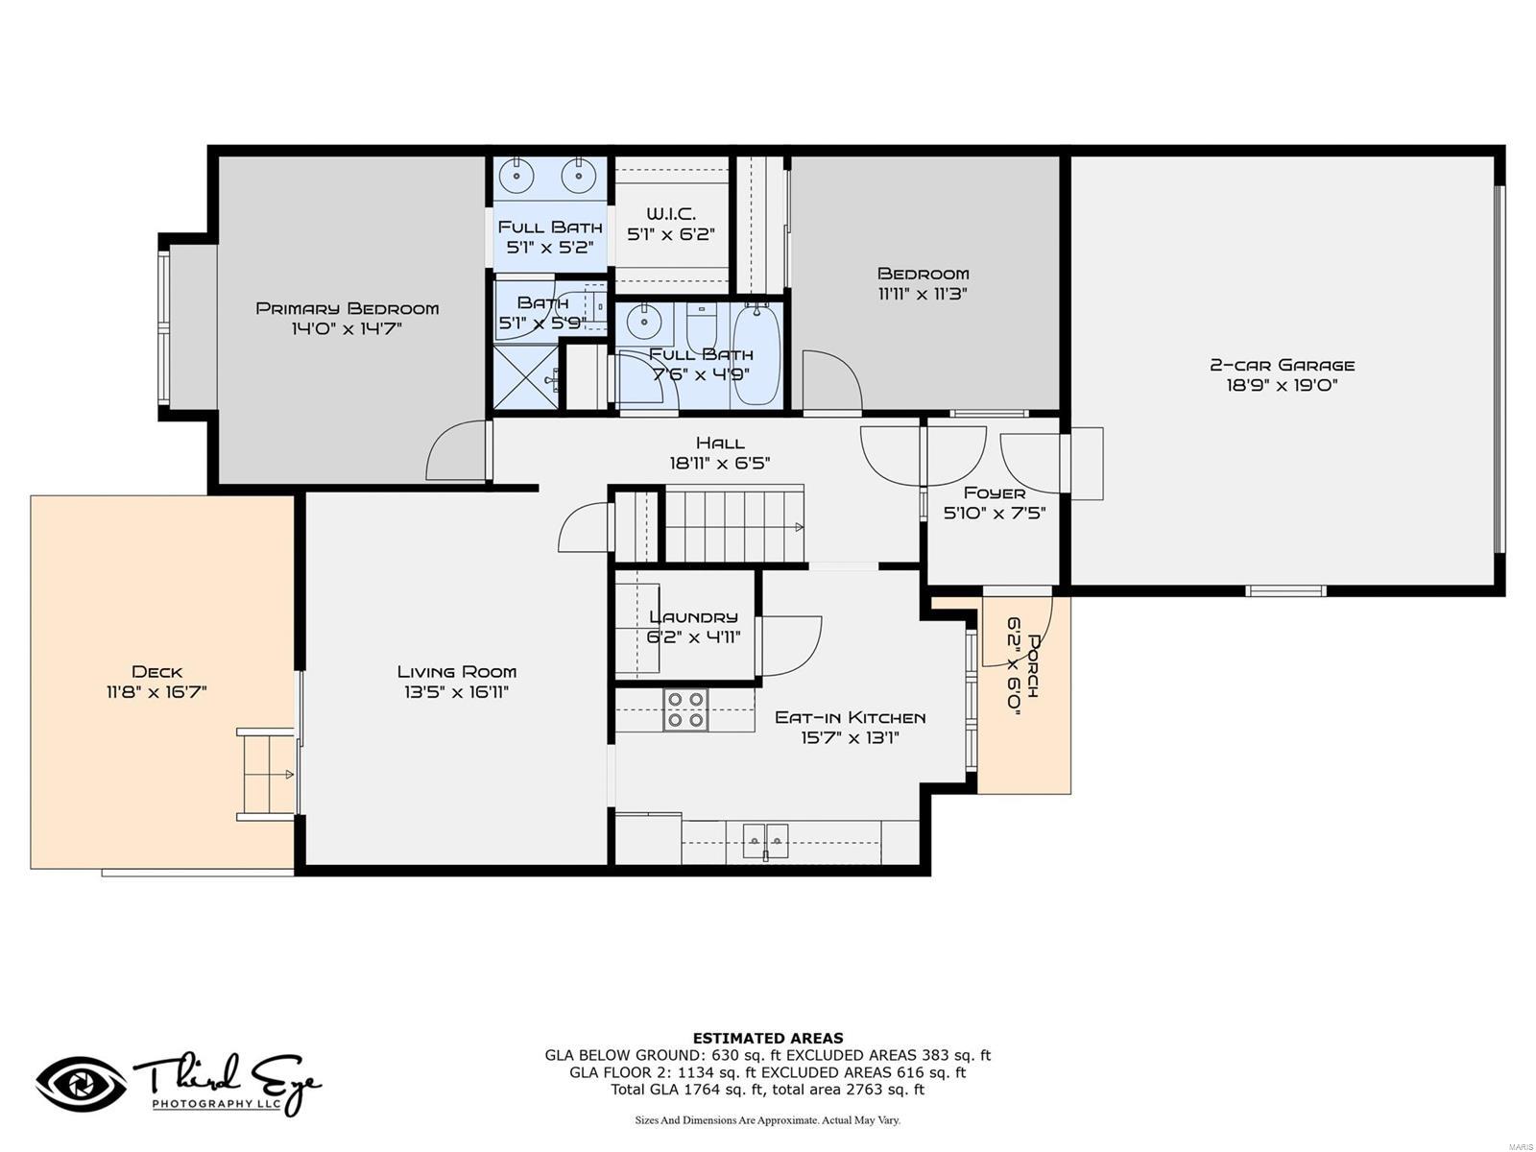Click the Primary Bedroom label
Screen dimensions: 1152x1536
[x=347, y=308]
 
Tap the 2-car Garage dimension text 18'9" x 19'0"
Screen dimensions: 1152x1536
[x=1282, y=385]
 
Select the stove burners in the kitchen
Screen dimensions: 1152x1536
[x=686, y=710]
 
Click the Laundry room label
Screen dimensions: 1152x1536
[x=693, y=616]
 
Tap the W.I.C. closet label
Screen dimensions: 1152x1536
[x=670, y=213]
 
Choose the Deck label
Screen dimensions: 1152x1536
[x=156, y=672]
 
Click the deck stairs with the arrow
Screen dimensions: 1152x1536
[x=267, y=774]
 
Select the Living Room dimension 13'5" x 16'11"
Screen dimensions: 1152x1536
[x=456, y=692]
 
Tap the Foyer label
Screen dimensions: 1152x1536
[x=994, y=492]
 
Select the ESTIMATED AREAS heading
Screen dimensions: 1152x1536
[x=768, y=1038]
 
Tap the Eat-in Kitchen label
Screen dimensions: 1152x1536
[x=850, y=717]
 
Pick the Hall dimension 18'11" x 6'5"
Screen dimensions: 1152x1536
[x=720, y=463]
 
